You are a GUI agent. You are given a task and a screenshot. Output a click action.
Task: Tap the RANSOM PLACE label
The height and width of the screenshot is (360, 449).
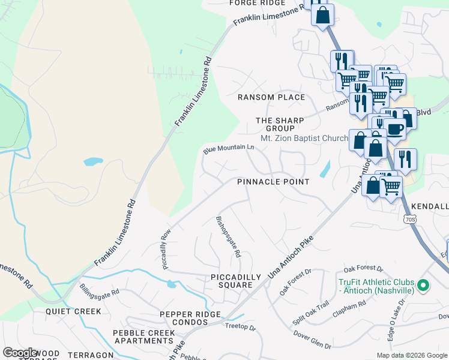pos(271,97)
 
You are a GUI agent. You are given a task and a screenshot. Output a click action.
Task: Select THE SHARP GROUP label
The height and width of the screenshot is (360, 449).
pos(280,124)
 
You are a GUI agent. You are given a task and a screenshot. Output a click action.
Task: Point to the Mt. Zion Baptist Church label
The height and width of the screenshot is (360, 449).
pos(304,138)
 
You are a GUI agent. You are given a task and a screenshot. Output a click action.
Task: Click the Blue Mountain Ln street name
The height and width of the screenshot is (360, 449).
pos(229,148)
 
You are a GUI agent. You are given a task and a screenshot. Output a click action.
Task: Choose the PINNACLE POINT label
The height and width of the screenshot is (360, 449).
pos(273,182)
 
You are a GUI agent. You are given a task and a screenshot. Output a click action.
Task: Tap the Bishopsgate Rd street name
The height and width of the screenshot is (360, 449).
pos(228,236)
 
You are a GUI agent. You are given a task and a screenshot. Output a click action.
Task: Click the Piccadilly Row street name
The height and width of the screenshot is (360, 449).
pos(167,248)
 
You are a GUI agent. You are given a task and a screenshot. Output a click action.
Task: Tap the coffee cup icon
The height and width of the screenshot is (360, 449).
pos(395,128)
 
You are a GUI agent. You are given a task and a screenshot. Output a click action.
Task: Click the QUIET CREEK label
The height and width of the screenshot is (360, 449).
pos(74,311)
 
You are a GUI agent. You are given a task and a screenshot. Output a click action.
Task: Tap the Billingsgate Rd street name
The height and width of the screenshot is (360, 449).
pos(99,290)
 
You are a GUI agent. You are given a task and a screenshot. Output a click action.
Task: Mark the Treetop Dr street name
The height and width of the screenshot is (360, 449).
pos(240,328)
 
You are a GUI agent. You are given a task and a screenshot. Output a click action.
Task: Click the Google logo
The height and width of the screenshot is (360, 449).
pos(20,353)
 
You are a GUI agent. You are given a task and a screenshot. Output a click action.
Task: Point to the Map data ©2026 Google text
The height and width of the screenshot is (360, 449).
pos(411,355)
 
